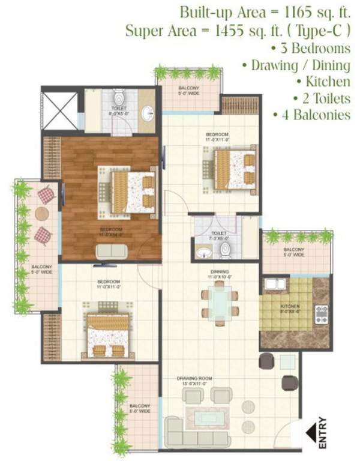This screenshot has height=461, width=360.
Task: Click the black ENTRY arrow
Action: tap(313, 431)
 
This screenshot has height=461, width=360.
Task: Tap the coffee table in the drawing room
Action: tap(208, 415)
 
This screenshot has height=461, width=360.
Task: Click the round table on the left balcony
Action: tap(42, 214)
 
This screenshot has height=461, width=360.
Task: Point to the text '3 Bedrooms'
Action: tap(311, 48)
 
